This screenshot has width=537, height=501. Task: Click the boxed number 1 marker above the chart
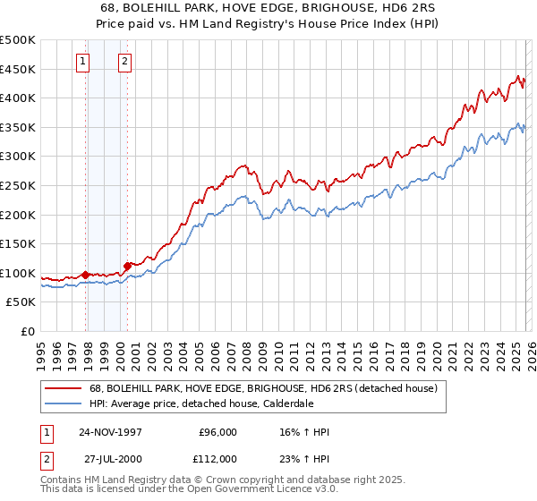[x=83, y=62]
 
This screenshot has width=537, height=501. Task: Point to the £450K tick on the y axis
[x=18, y=69]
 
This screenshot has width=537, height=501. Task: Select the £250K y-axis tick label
[x=18, y=185]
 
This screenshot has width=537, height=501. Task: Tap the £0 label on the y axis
[x=27, y=331]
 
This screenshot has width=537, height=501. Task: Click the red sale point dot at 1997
[x=86, y=275]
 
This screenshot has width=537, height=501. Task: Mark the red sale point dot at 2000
[x=128, y=265]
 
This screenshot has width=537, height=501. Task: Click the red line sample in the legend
[x=63, y=388]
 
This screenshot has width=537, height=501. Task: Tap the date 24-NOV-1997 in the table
[x=110, y=432]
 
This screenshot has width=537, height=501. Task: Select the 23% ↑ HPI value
[x=303, y=458]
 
